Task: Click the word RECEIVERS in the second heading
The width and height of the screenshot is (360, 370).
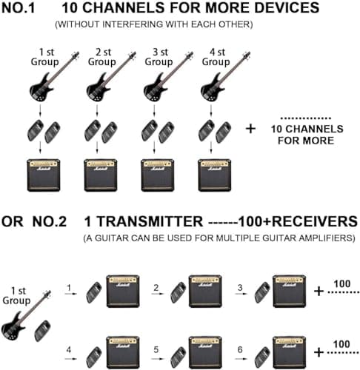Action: point(304,221)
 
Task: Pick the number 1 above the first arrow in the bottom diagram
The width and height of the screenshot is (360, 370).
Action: point(68,286)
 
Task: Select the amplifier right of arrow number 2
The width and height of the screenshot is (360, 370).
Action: point(205,292)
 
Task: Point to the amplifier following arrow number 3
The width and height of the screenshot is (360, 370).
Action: point(290,292)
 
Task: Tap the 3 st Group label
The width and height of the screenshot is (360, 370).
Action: point(159,57)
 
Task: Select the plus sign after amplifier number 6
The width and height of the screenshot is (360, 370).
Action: point(319,352)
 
